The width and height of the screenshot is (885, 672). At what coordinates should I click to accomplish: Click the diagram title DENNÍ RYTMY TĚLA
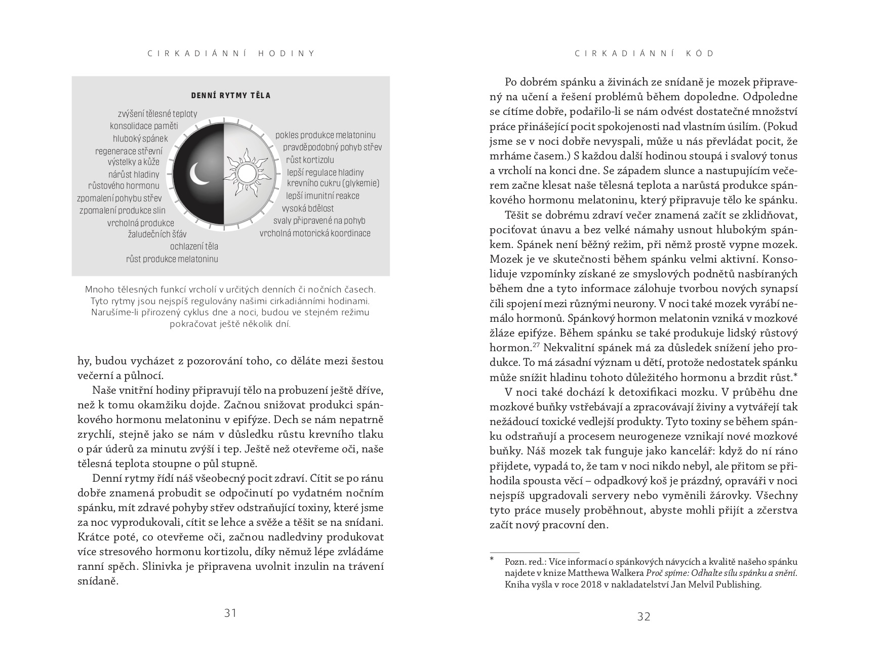(x=230, y=96)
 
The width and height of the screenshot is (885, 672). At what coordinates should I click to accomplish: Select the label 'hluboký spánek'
(x=140, y=139)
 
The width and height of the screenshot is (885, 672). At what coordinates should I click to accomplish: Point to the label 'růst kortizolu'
(x=310, y=160)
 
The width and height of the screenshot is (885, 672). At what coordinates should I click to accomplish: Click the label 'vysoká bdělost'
(x=307, y=208)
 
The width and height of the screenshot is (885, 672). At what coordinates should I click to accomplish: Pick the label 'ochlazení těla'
(x=194, y=246)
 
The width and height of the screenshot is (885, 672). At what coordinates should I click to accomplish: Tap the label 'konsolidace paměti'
(x=144, y=126)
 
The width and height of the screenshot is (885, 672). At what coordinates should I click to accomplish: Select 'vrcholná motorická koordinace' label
(x=315, y=233)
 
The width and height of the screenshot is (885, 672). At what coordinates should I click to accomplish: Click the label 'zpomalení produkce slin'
(x=129, y=211)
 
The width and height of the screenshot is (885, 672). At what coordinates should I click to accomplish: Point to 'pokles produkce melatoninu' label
(x=325, y=135)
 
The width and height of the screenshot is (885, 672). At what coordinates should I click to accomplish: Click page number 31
(x=230, y=613)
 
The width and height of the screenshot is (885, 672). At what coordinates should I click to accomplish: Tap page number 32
(x=643, y=616)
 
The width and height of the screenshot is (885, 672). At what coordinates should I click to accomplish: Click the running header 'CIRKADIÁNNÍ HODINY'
(x=231, y=54)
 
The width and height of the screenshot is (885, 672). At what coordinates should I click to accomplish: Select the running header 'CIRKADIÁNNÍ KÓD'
(x=644, y=54)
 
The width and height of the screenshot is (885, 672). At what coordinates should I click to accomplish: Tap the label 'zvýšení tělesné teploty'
(x=157, y=114)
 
